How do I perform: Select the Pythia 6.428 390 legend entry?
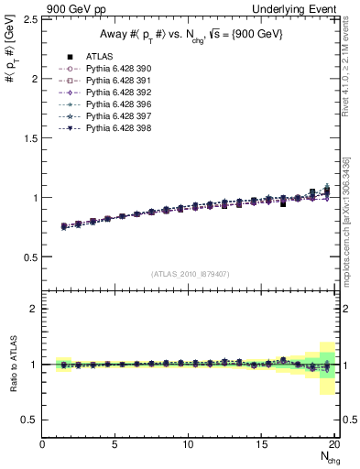(x=114, y=69)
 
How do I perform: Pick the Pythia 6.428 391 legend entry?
(x=114, y=81)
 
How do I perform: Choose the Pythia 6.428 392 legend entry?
(x=114, y=93)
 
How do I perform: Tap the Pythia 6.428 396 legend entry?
(x=114, y=104)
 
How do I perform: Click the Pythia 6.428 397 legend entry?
(x=114, y=116)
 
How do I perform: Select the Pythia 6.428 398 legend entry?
(x=114, y=128)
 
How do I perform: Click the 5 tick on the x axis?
(x=115, y=445)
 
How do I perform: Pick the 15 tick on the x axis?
(x=263, y=445)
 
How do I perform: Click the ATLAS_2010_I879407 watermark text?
(x=191, y=274)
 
